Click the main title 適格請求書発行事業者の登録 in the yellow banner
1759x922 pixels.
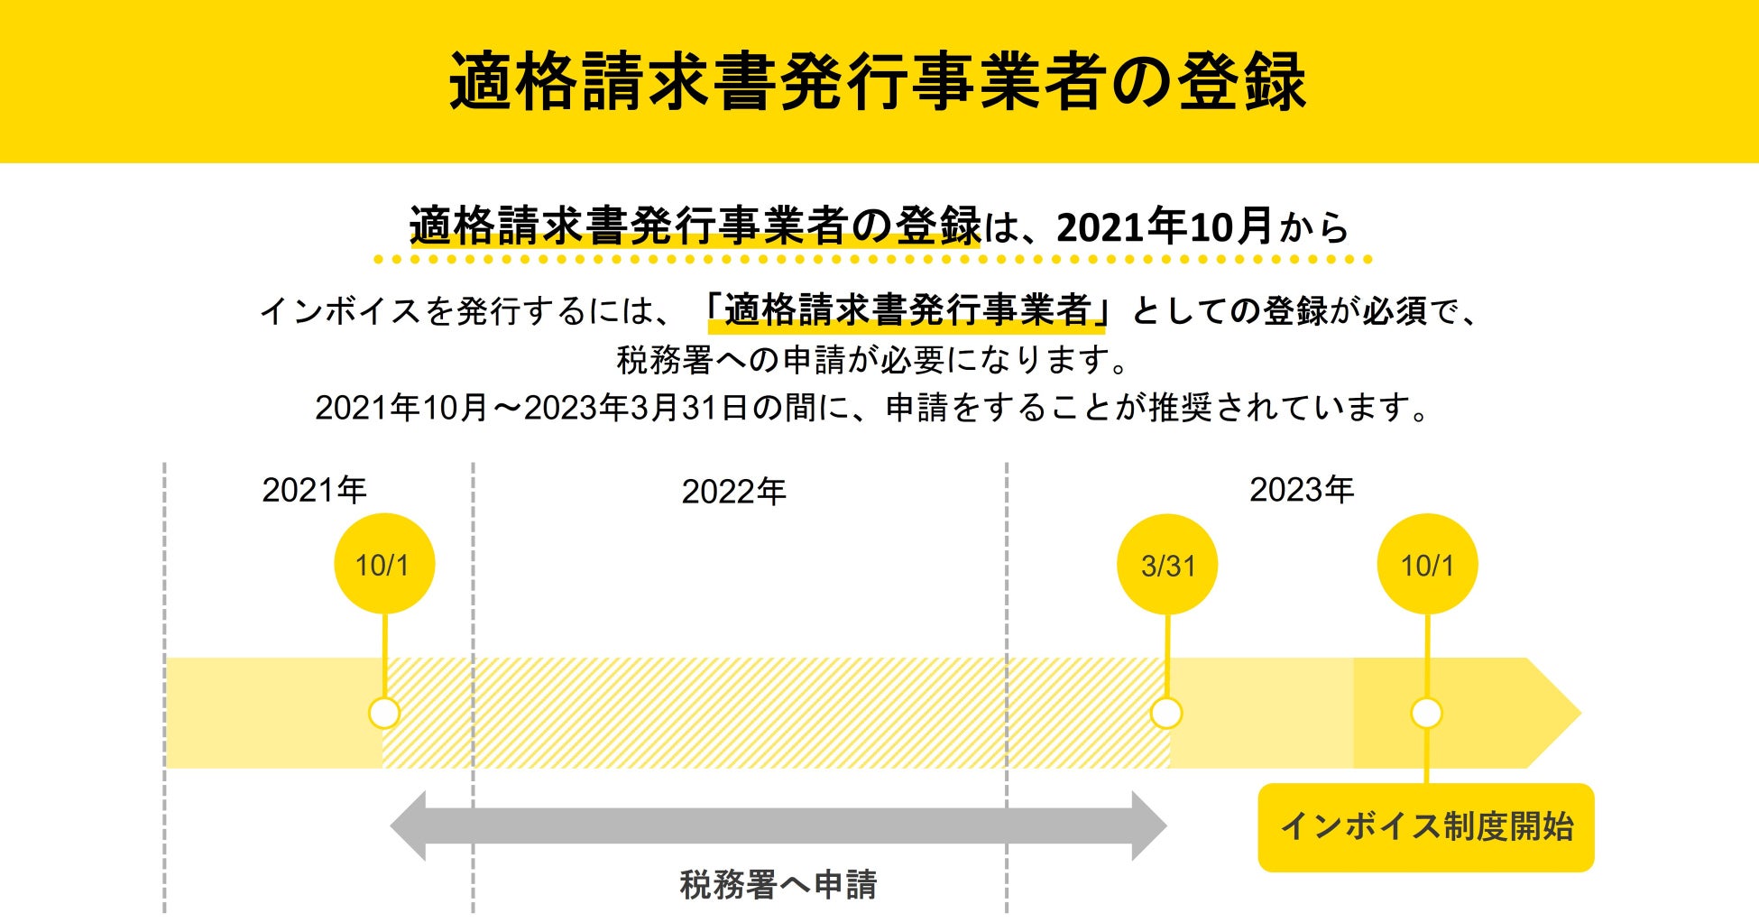(878, 81)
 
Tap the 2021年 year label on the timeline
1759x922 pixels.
(314, 491)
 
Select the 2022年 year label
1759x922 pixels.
(733, 493)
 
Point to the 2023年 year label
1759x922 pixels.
(1301, 491)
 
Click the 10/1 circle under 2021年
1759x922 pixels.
(384, 565)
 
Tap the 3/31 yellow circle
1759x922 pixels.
(1167, 566)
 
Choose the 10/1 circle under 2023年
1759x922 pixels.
(1427, 566)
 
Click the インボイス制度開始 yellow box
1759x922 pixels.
(1425, 827)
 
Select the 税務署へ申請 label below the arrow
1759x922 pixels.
(778, 885)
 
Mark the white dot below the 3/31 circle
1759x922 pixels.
(1166, 714)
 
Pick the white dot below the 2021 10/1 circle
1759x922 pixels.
(384, 714)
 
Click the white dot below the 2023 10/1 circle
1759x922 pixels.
(1426, 714)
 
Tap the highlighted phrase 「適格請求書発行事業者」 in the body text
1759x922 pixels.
(907, 311)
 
